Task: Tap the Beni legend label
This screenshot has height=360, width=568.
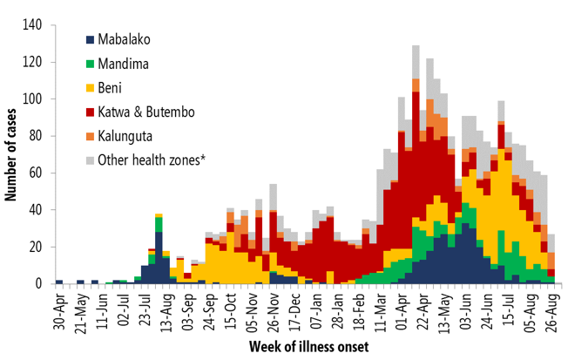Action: coord(111,88)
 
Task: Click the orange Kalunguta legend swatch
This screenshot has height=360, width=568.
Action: coord(90,136)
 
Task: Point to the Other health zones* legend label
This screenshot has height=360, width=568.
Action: coord(153,160)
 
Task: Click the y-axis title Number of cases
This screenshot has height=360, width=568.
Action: coord(12,154)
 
